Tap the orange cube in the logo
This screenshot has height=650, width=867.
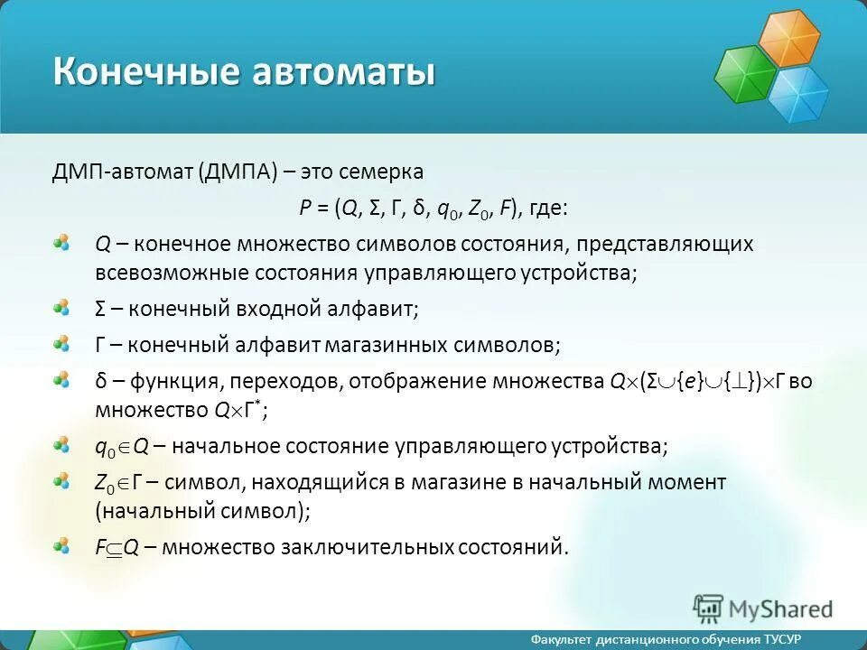(788, 39)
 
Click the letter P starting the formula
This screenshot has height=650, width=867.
(305, 209)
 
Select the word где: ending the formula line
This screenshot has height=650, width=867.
(547, 209)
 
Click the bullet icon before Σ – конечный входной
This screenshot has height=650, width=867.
(61, 308)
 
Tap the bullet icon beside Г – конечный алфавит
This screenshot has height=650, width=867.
(61, 344)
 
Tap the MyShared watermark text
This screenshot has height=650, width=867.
(782, 608)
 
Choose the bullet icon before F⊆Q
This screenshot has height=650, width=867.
(61, 545)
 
